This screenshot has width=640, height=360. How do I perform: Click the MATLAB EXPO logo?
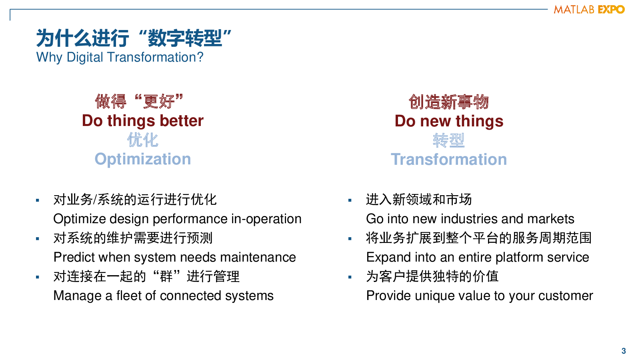[589, 10]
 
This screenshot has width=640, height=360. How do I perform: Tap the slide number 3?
[624, 351]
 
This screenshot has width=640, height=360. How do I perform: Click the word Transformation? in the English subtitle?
[156, 57]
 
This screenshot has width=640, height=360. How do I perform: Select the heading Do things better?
[142, 120]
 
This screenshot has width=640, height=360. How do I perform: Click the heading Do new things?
[449, 121]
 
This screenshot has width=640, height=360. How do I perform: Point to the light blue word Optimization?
[142, 159]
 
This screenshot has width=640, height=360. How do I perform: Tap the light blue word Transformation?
[449, 159]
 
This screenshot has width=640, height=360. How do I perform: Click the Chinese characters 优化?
[142, 140]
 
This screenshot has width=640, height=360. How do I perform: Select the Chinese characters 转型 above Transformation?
[449, 140]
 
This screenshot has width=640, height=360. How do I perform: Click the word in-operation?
[266, 219]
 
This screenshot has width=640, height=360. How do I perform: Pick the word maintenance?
[258, 257]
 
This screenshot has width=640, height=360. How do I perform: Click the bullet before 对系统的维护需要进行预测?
[38, 238]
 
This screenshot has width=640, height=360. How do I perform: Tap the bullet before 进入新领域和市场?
[350, 200]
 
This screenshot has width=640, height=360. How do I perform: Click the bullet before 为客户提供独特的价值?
[350, 277]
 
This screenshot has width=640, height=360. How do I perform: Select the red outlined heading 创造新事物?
[448, 102]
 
